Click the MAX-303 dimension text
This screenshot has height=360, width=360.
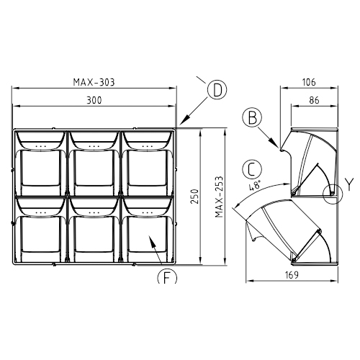tap(94, 82)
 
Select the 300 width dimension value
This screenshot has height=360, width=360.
tap(94, 100)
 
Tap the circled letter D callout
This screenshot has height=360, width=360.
tap(217, 90)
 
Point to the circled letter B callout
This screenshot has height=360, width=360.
tap(252, 117)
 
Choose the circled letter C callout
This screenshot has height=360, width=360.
tap(252, 169)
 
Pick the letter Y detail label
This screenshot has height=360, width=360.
tap(349, 184)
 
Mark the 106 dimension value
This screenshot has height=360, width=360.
tap(309, 82)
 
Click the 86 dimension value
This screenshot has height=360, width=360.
tap(314, 100)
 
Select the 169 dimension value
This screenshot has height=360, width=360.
tap(292, 275)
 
